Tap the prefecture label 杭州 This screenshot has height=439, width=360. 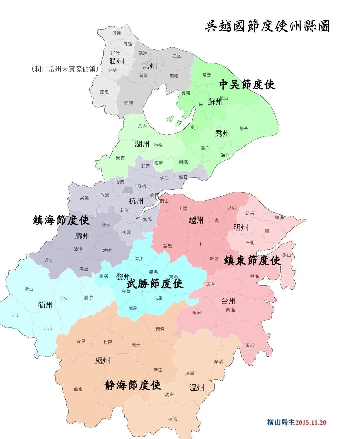pyautogui.click(x=136, y=201)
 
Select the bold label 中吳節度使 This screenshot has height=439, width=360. pyautogui.click(x=247, y=85)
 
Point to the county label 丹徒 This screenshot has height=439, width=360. pyautogui.click(x=117, y=33)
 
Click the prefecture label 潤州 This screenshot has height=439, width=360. pyautogui.click(x=117, y=61)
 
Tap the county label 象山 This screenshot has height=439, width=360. pyautogui.click(x=287, y=255)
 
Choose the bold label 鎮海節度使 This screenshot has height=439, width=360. pyautogui.click(x=61, y=220)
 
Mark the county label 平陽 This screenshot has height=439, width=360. pyautogui.click(x=173, y=419)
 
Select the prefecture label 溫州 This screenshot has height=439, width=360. pyautogui.click(x=197, y=387)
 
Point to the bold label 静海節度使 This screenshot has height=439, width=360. pyautogui.click(x=133, y=385)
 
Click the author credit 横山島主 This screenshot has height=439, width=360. pyautogui.click(x=281, y=422)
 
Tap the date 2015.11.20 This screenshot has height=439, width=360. pyautogui.click(x=311, y=422)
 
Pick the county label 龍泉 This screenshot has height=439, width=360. pyautogui.click(x=78, y=389)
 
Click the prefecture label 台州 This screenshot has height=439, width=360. pyautogui.click(x=228, y=301)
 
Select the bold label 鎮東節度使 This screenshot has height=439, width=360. pyautogui.click(x=252, y=260)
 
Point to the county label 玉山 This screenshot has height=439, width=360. pyautogui.click(x=15, y=315)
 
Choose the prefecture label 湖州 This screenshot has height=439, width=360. pyautogui.click(x=142, y=144)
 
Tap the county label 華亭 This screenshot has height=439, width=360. pyautogui.click(x=244, y=128)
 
